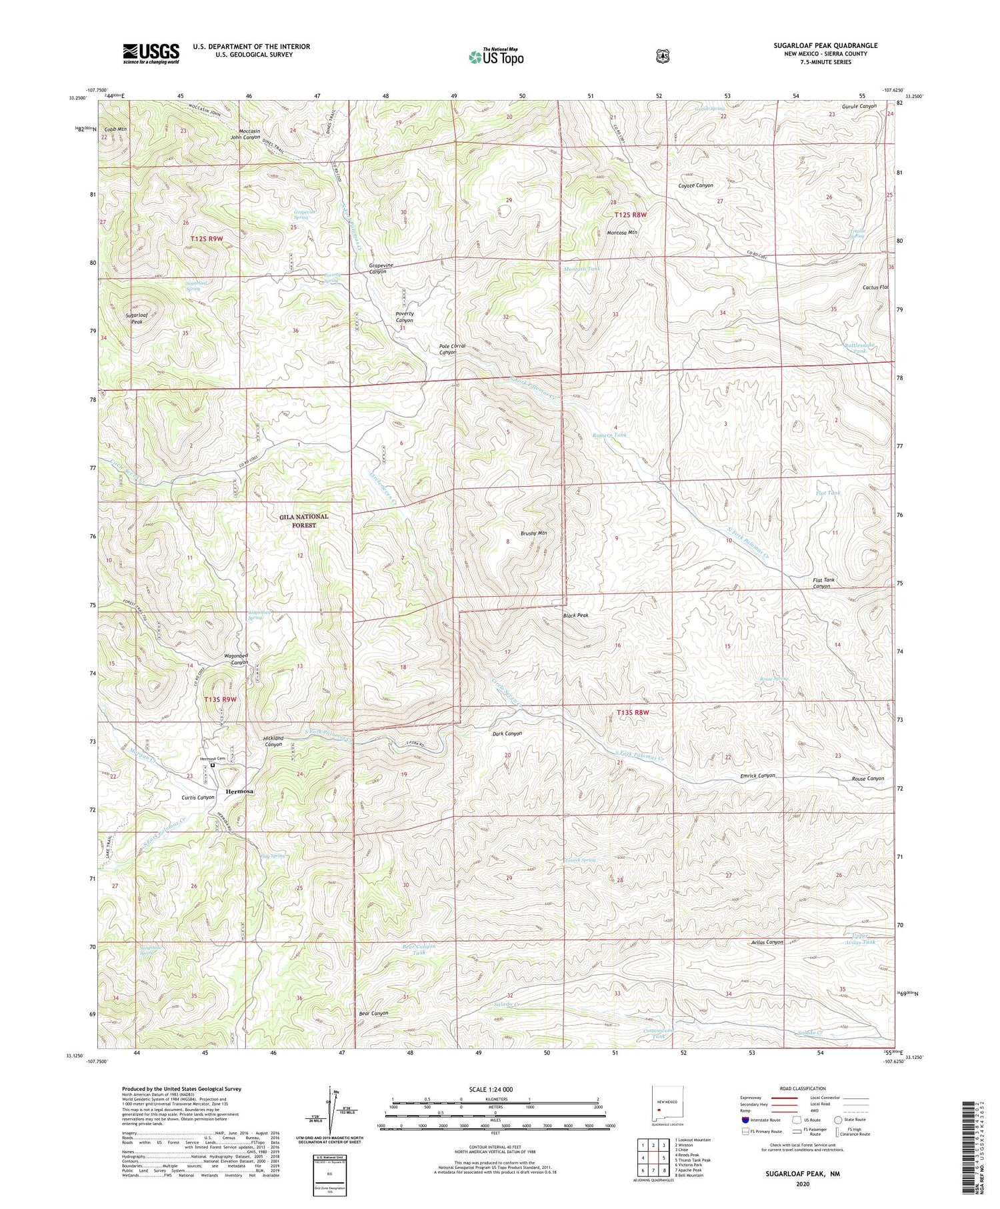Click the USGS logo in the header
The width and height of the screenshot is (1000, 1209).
point(151,53)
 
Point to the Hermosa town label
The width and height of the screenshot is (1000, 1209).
point(239,792)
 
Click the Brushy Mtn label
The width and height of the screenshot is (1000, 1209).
point(533,533)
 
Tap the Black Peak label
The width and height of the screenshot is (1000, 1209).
point(575,616)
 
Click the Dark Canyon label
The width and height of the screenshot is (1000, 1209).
point(507,734)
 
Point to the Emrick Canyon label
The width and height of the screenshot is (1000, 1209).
point(758,776)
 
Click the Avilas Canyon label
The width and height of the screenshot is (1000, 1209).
point(765,942)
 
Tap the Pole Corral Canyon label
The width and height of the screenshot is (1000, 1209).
point(451,349)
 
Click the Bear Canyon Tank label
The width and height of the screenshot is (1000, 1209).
point(419,950)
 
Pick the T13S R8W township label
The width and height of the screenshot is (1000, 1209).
point(629,713)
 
